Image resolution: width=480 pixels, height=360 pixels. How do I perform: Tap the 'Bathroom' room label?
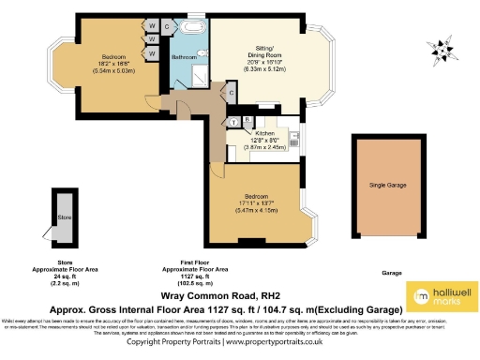(183, 57)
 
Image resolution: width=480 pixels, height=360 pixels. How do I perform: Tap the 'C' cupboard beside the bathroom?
(166, 28)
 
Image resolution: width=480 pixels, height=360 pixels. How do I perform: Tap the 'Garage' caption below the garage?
(391, 273)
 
